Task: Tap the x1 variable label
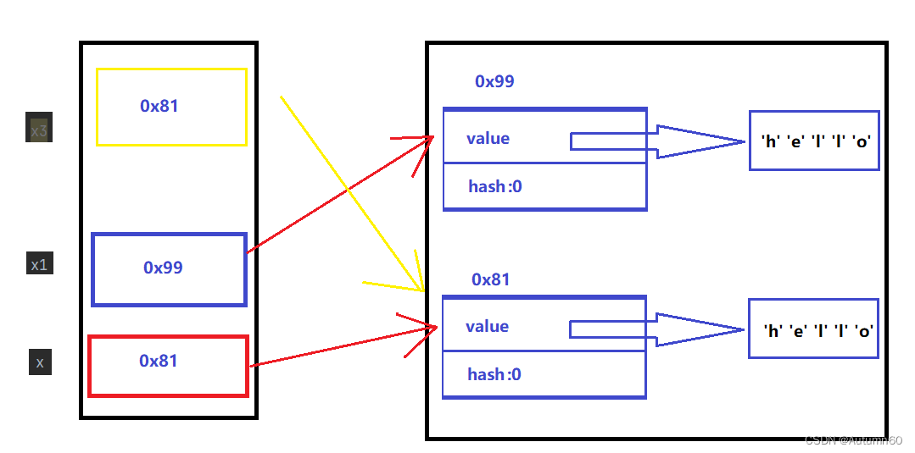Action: [x=39, y=265]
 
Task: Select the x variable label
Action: [x=40, y=362]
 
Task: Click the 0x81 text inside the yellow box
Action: [x=159, y=106]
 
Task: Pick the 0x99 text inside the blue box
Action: [x=163, y=268]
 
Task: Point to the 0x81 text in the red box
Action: [x=159, y=361]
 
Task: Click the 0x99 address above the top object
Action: [x=494, y=81]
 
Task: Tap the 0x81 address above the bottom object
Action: [x=491, y=279]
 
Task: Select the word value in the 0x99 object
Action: [x=488, y=138]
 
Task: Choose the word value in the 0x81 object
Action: [x=487, y=326]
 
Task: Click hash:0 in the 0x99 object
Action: [x=495, y=186]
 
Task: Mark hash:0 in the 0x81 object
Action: [x=494, y=374]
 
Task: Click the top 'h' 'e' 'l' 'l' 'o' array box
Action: [x=813, y=141]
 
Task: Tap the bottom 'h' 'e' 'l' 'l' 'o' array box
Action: [x=813, y=330]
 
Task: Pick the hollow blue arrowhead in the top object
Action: [x=695, y=141]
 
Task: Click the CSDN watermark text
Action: [x=852, y=440]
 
